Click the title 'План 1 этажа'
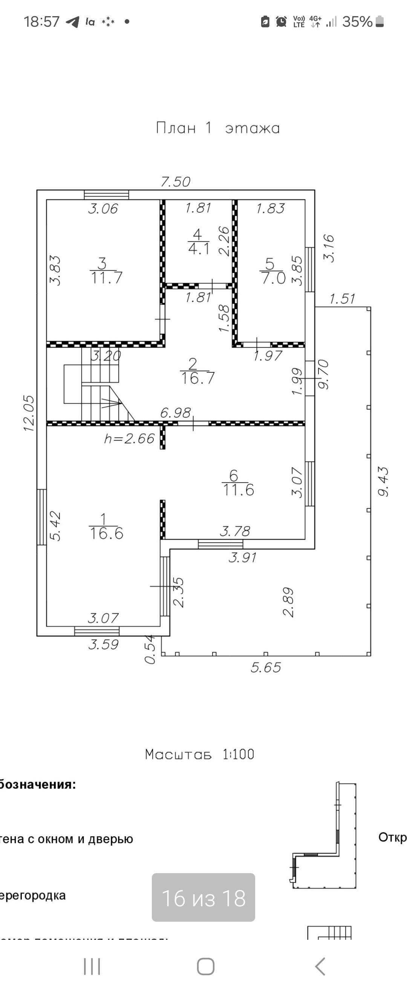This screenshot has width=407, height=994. (x=218, y=128)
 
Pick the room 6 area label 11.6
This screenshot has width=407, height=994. (x=238, y=490)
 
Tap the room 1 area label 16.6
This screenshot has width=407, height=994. (x=106, y=533)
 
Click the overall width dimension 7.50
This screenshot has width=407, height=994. (x=175, y=182)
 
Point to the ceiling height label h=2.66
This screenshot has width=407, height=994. (x=129, y=438)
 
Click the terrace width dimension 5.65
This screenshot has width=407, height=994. (x=266, y=667)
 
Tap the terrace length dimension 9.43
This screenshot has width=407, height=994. (x=383, y=481)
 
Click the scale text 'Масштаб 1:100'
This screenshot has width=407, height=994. (x=200, y=754)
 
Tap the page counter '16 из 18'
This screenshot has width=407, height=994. (x=203, y=898)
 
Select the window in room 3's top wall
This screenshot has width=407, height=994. (x=107, y=195)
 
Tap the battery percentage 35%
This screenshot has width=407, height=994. (x=357, y=21)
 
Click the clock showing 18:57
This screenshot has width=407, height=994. (x=42, y=21)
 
